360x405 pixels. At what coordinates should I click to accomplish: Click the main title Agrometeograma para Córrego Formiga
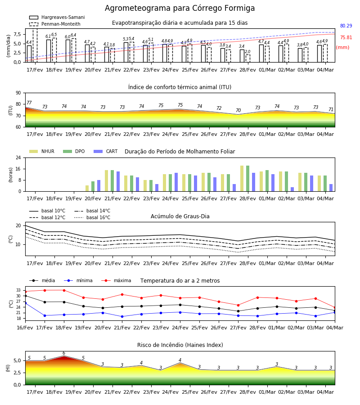180,8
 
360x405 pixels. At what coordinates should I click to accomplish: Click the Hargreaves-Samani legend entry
57,17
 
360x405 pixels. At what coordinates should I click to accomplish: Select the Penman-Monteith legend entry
55,24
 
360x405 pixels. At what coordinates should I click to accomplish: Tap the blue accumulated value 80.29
346,26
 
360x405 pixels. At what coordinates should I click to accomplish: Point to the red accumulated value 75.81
346,37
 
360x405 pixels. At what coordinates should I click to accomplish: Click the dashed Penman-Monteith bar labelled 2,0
247,58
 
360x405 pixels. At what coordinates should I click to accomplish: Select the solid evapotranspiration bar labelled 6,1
49,51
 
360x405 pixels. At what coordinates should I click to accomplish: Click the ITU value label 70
238,110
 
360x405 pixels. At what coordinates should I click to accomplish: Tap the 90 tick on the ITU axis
18,93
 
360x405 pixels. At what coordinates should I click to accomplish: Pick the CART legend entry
106,151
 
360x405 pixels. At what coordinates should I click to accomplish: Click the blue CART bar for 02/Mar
292,189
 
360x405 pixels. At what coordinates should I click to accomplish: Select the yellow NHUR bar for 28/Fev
242,179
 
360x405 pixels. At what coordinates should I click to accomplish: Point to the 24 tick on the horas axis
18,157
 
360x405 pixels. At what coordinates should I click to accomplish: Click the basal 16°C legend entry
92,217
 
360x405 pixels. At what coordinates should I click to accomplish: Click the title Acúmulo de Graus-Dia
180,216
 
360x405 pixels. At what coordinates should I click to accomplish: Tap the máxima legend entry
117,280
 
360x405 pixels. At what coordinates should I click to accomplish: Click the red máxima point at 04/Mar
335,308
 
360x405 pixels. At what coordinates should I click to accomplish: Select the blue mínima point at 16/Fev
25,303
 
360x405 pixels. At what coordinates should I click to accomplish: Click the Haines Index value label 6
64,353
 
